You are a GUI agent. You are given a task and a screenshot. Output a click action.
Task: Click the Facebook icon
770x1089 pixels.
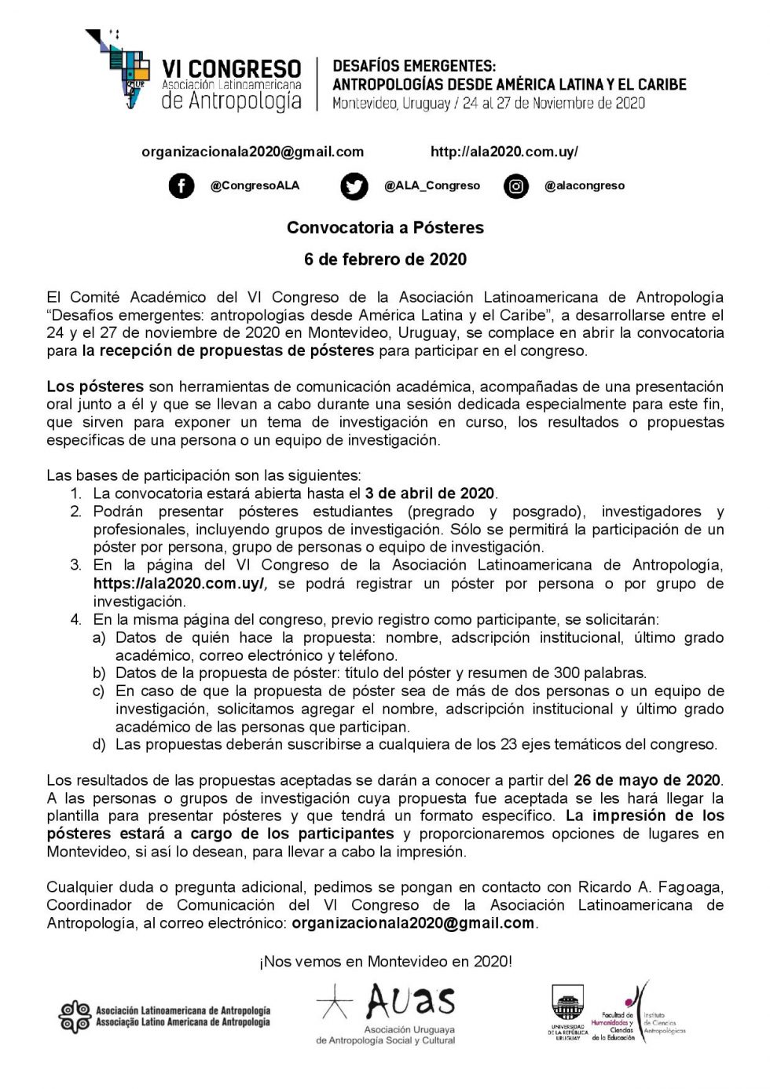[x=181, y=186]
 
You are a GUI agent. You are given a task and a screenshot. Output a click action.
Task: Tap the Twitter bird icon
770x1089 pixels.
[x=354, y=186]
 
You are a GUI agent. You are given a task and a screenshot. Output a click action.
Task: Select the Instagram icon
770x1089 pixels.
[x=516, y=186]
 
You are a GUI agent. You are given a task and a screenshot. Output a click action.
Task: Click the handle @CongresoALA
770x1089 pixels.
[x=255, y=186]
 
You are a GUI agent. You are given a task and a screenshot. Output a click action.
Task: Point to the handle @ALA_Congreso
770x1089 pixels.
[x=432, y=186]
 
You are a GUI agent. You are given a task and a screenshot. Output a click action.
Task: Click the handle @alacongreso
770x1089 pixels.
[x=585, y=186]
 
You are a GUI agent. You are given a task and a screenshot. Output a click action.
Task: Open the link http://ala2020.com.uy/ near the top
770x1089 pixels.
[x=504, y=152]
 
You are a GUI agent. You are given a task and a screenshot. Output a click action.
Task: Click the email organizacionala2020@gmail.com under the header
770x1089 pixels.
[x=252, y=152]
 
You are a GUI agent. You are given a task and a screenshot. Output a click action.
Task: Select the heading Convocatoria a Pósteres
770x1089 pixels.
[x=385, y=228]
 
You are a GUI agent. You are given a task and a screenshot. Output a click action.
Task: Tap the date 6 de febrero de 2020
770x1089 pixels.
[x=385, y=259]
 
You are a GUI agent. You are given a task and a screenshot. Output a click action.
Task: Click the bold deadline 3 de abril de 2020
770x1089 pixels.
[x=430, y=493]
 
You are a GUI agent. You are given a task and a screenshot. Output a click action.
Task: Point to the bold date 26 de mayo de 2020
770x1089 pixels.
[x=647, y=780]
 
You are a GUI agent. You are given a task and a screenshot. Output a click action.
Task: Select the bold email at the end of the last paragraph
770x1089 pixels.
[x=412, y=923]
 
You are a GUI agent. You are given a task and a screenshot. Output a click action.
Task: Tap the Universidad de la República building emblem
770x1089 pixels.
[x=567, y=1003]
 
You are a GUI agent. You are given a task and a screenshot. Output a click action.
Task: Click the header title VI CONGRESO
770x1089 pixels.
[x=231, y=69]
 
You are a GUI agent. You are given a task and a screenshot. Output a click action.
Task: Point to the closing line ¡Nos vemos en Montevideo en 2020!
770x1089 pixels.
[x=385, y=961]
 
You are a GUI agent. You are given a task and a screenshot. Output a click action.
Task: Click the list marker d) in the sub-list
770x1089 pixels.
[x=99, y=744]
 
